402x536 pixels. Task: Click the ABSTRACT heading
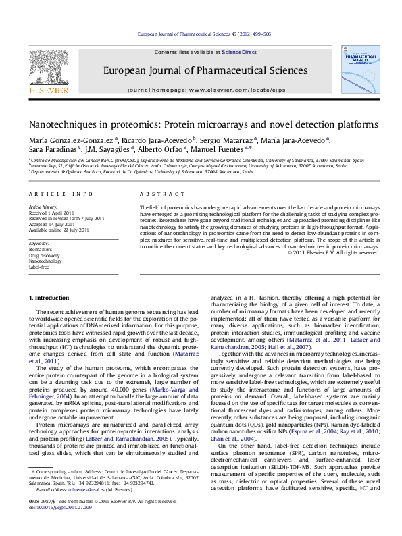(x=157, y=194)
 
